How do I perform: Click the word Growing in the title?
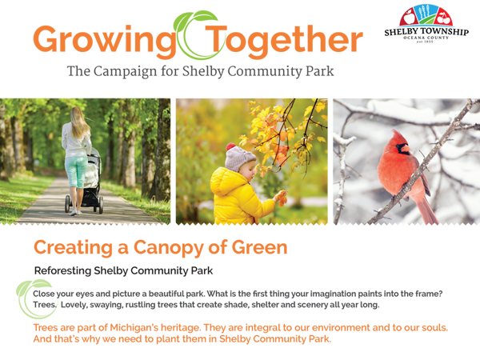click(x=104, y=41)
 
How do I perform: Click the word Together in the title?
click(x=284, y=41)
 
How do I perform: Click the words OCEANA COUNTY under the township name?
click(x=426, y=38)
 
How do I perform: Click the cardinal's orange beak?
click(x=405, y=149)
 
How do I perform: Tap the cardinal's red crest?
click(x=398, y=137)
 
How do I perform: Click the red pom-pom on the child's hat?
click(x=231, y=146)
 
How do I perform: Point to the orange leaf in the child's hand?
click(x=282, y=198)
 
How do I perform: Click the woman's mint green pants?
click(x=76, y=171)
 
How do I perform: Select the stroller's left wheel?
click(x=67, y=204)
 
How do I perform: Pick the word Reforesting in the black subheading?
click(x=62, y=271)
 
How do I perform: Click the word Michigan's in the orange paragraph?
click(x=134, y=328)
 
